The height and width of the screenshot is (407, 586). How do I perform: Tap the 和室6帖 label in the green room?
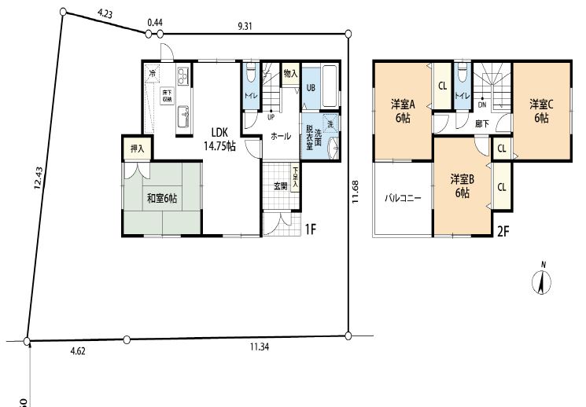161,199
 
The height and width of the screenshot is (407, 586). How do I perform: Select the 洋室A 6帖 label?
402,111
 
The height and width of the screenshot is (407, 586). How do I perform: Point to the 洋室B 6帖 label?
461,185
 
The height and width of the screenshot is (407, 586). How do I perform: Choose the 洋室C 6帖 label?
540,111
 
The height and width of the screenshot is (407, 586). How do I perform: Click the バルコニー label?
403,199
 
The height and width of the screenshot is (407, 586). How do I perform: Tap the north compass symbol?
541,280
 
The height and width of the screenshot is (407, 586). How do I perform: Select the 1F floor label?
312,229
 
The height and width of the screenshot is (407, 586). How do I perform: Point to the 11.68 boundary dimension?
357,193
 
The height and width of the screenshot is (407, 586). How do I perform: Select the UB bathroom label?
311,87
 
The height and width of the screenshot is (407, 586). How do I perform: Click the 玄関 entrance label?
280,185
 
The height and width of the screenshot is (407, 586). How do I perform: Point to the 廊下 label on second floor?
483,123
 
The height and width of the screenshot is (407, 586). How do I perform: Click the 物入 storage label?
289,74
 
